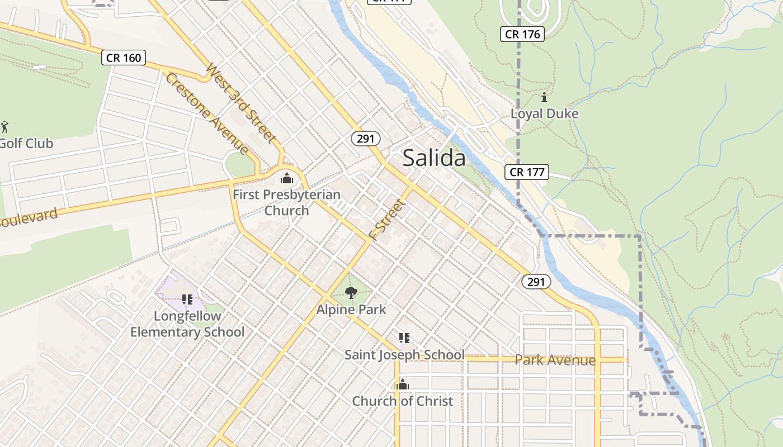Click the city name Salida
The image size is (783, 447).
[x=434, y=158]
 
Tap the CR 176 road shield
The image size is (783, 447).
[x=523, y=34]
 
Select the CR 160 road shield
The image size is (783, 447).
[x=124, y=58]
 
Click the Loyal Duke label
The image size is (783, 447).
[x=544, y=113]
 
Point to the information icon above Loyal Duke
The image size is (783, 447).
[x=544, y=98]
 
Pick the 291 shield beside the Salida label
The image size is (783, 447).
[x=365, y=139]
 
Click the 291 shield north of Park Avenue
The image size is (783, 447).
[x=536, y=282]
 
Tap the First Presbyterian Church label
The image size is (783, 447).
[x=286, y=202]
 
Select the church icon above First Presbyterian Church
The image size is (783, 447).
[x=287, y=179]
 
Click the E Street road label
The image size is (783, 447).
[x=387, y=220]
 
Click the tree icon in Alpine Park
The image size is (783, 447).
[x=351, y=292]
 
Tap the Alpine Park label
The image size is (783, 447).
[x=351, y=309]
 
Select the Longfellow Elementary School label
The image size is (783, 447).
[x=187, y=324]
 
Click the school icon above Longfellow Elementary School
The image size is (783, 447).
[x=187, y=299]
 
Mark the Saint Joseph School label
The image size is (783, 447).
[x=404, y=355]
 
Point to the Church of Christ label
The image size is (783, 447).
[x=402, y=401]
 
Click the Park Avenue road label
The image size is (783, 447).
[x=555, y=360]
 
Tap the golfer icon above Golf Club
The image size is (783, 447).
[x=5, y=127]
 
